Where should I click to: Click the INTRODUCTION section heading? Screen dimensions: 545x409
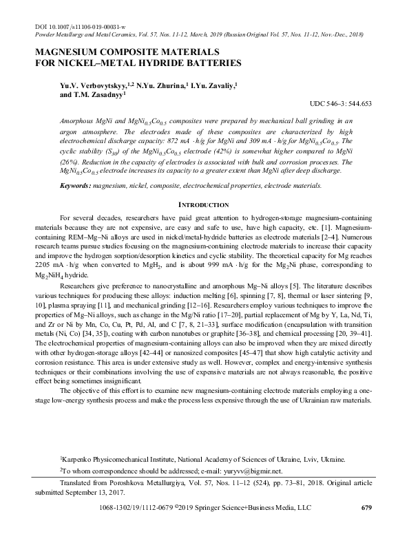(x=204, y=205)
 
